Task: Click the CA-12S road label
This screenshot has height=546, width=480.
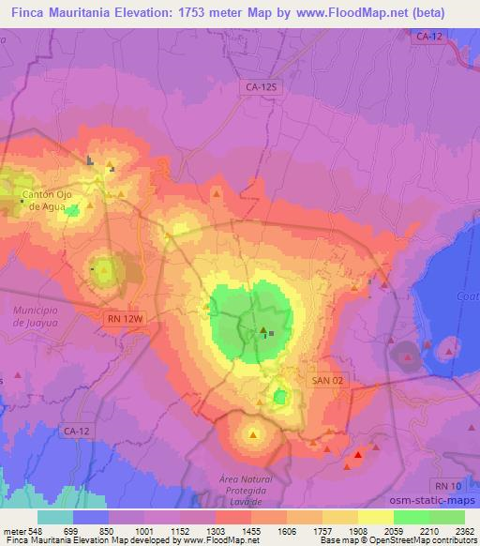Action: (x=262, y=86)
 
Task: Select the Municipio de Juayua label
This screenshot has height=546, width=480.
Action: (x=36, y=314)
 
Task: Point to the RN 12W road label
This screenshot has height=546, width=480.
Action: (x=124, y=319)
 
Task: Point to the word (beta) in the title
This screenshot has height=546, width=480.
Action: (x=425, y=13)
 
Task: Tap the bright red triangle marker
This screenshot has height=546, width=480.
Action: (x=358, y=455)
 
